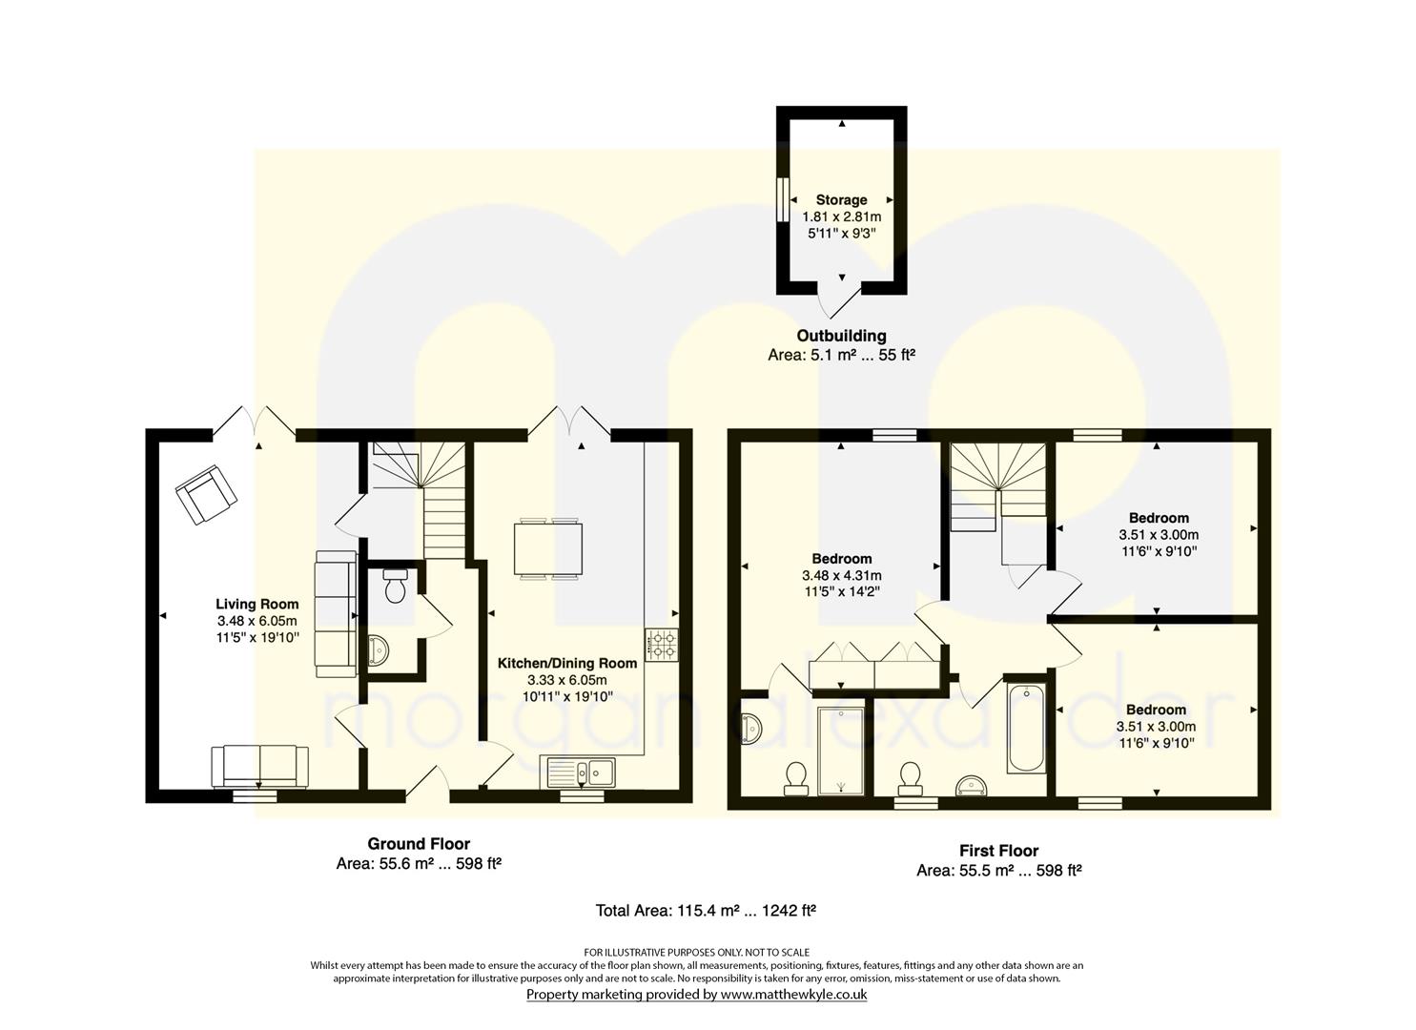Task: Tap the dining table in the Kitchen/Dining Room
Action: click(548, 548)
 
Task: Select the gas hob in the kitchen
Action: click(662, 645)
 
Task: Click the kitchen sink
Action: click(578, 772)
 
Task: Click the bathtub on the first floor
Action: click(1026, 729)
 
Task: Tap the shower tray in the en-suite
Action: click(841, 751)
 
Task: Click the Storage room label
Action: click(841, 200)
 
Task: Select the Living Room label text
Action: click(257, 604)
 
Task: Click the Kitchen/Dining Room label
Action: click(567, 663)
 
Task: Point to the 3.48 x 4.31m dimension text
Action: click(841, 575)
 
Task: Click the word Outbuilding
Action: click(841, 336)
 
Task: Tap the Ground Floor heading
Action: click(419, 843)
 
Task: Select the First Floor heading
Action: click(998, 851)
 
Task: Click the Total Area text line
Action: click(706, 911)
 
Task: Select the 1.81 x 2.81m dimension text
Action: click(841, 216)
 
